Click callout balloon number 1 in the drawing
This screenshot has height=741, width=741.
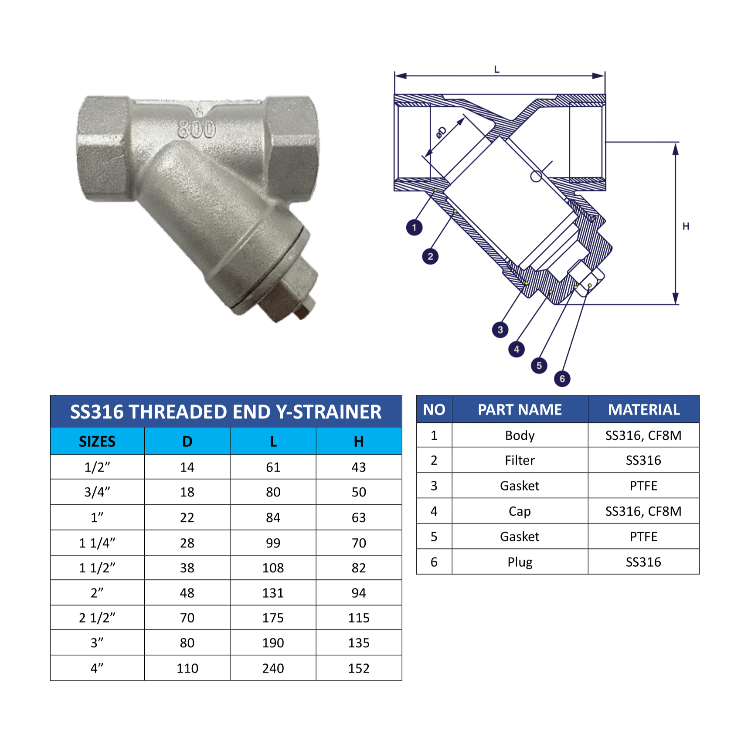coord(414,227)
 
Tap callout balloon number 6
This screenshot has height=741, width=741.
coord(562,378)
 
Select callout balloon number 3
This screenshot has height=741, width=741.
coord(500,330)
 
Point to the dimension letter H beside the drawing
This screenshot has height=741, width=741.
coord(686,226)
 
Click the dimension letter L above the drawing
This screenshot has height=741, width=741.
coord(496,70)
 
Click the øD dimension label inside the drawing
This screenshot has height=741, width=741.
coord(441,133)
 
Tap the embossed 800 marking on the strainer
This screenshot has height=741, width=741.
coord(197,129)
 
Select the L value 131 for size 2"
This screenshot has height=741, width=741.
coord(273,593)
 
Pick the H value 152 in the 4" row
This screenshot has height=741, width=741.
coord(358,668)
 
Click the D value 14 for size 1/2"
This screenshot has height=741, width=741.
coord(187,467)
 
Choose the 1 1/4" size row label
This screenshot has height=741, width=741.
coord(97,543)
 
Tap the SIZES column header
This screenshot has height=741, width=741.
coord(97,442)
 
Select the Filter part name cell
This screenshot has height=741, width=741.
coord(520,460)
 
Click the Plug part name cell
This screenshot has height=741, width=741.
coord(520,562)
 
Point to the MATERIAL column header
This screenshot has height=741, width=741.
coord(643,410)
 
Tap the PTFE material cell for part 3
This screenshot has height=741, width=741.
coord(643,486)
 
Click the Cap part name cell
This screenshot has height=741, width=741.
coord(520,511)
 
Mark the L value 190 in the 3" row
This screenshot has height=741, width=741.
coord(273,643)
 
